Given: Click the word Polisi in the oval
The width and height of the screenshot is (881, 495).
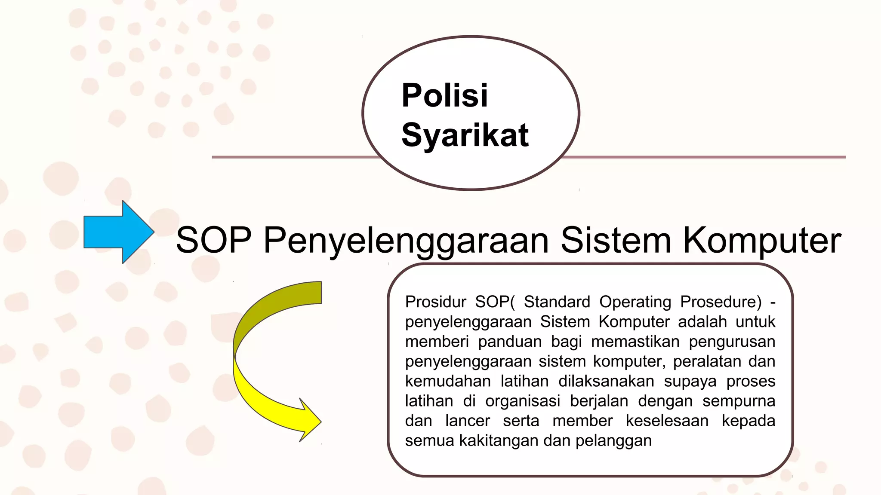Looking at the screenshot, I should (x=444, y=95).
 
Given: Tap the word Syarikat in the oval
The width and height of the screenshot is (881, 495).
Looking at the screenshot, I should (x=465, y=135).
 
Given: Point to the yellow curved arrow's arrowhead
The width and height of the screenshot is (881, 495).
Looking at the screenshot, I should (x=310, y=421).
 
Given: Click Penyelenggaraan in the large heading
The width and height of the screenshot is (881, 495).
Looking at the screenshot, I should (x=406, y=241).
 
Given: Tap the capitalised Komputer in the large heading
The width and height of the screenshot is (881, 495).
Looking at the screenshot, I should (x=762, y=241).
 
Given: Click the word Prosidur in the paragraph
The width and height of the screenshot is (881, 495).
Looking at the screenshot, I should (x=435, y=302).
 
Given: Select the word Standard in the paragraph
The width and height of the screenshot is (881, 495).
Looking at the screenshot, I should (x=557, y=302).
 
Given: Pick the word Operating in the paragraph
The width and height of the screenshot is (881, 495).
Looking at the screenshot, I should (x=635, y=302).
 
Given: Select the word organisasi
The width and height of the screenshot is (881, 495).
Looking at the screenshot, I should (x=523, y=401).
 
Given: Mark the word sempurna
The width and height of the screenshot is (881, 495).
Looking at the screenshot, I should (x=739, y=401).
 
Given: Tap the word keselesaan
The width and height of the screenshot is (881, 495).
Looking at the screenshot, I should (x=667, y=421).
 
